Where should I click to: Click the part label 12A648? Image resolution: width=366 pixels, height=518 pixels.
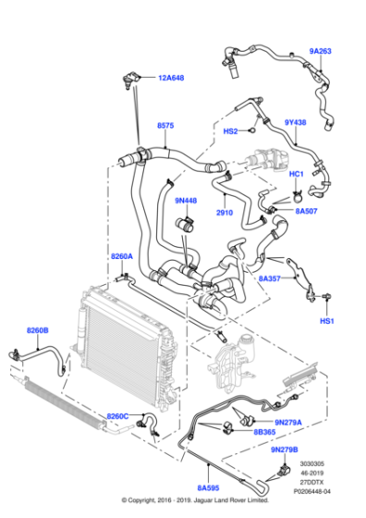click(172, 78)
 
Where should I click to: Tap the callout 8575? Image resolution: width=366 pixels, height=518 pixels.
click(166, 125)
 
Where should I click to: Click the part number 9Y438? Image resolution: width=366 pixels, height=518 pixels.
click(295, 121)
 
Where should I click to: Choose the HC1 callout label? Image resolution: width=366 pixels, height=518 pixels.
click(297, 174)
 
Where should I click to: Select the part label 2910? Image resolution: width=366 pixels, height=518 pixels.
click(226, 213)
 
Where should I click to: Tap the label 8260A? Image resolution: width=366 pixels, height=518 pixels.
click(122, 255)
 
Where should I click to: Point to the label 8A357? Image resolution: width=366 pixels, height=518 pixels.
click(270, 277)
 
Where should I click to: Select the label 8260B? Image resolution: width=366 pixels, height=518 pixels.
click(38, 330)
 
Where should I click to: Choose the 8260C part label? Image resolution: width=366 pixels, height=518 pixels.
click(117, 416)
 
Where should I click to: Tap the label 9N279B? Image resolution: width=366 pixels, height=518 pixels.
click(285, 450)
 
